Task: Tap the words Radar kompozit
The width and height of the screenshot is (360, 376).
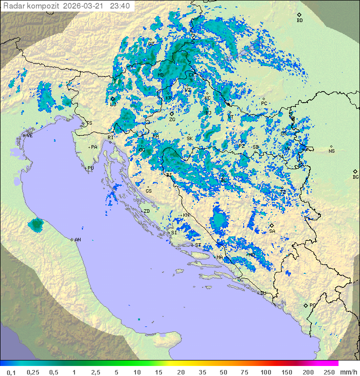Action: [31, 6]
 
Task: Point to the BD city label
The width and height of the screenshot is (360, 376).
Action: [299, 21]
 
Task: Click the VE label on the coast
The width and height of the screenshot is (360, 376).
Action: [29, 136]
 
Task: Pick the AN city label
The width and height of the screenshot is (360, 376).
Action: [77, 240]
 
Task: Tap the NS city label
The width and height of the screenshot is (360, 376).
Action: [331, 151]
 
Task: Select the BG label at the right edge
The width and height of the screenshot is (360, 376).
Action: [355, 177]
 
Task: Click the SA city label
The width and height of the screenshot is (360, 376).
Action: [272, 231]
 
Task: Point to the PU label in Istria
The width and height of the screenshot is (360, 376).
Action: [90, 168]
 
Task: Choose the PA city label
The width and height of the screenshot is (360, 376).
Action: [94, 147]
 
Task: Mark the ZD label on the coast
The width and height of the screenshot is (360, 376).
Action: [146, 211]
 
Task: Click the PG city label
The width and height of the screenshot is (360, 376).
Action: [312, 305]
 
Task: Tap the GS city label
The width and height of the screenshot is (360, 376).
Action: [148, 191]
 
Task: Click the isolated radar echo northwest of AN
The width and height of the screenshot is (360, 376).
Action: [36, 225]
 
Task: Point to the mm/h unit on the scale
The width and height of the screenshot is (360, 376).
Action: [347, 372]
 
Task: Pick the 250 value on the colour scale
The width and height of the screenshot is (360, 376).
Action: [329, 372]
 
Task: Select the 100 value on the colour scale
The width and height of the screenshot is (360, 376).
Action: [265, 372]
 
